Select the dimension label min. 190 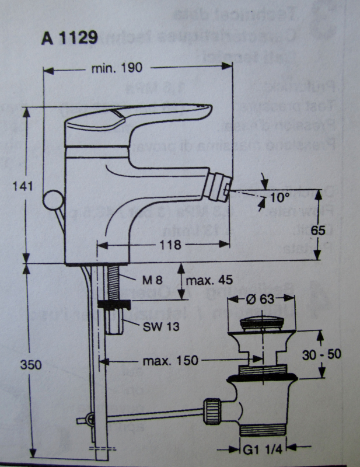117,68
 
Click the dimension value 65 318,230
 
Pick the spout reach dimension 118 169,246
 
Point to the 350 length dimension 19,365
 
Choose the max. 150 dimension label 171,361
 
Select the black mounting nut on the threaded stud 114,304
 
